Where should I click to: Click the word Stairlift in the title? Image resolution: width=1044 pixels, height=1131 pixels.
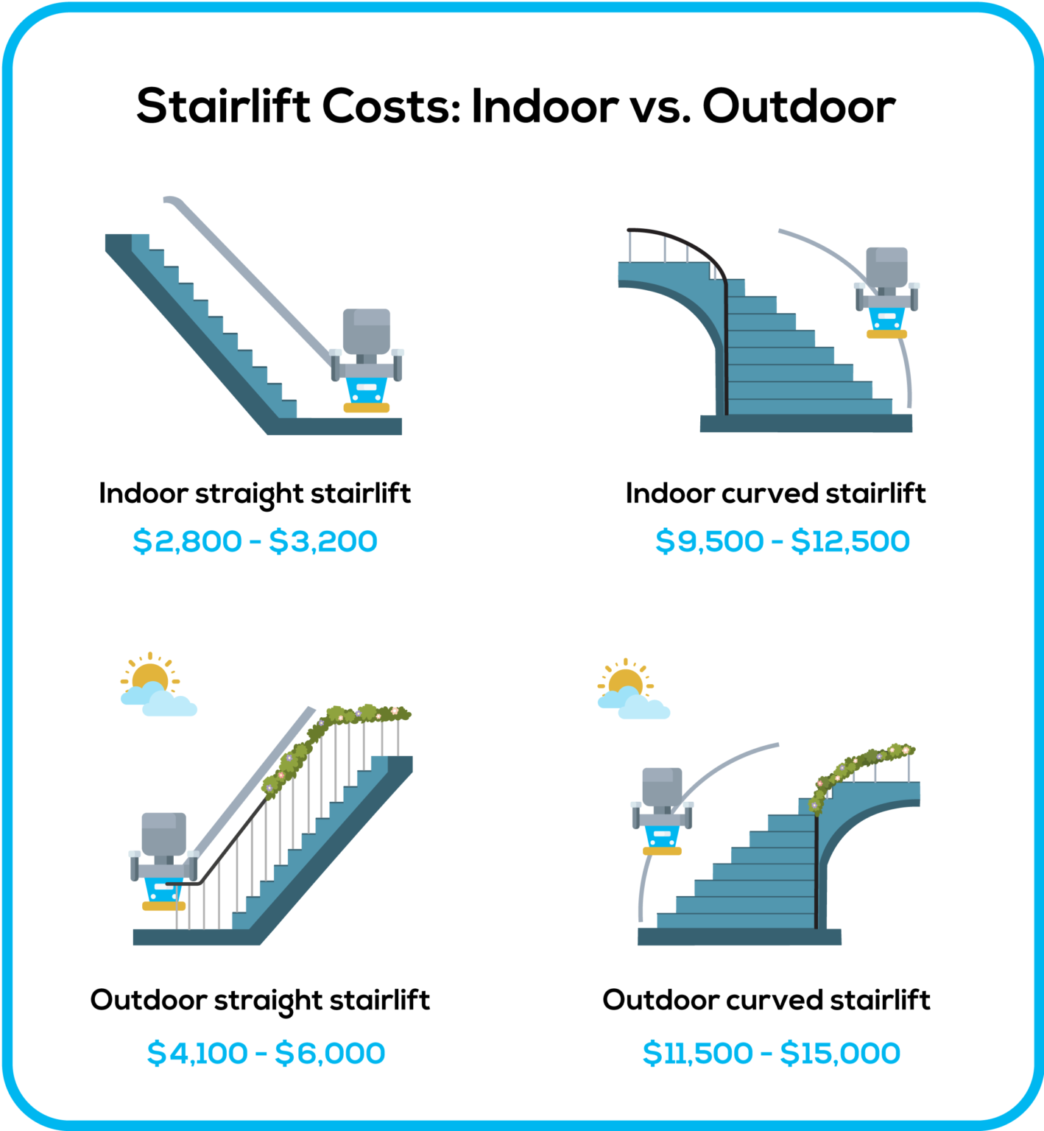coord(224,106)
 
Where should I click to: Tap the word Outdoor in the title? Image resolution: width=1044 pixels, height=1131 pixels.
coord(799,106)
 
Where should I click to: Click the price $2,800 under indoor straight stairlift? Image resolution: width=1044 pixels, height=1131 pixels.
coord(187,541)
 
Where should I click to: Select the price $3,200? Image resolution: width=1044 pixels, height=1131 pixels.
coord(323,541)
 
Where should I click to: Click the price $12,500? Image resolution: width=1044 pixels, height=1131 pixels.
coord(850,541)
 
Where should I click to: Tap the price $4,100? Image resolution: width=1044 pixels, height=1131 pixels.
coord(197,1053)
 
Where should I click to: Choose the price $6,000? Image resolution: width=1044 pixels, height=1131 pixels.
coord(330,1053)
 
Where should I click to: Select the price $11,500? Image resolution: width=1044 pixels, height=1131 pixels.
coord(698,1053)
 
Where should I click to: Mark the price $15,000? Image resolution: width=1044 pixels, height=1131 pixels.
coord(840,1053)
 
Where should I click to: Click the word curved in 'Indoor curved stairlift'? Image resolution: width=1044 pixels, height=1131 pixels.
coord(770,493)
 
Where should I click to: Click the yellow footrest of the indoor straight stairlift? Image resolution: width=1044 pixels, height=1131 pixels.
coord(367,407)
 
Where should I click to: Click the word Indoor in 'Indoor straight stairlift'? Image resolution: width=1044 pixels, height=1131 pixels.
coord(144,493)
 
